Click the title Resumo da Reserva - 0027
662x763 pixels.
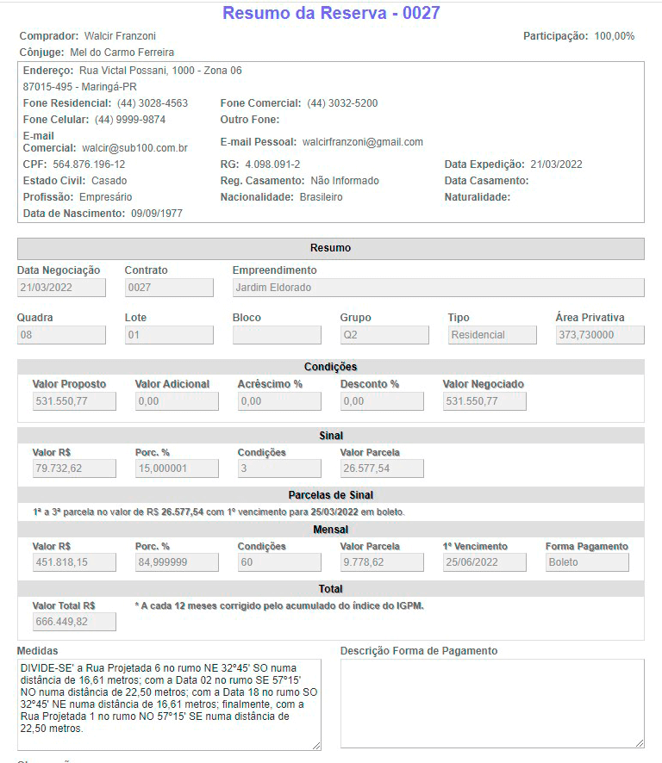[331, 13]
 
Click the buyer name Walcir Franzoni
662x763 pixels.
[120, 36]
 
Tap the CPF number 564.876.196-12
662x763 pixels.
[89, 164]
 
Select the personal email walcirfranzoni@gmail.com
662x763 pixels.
[363, 142]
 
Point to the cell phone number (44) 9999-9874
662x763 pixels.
[130, 120]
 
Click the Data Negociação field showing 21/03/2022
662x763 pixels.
[61, 288]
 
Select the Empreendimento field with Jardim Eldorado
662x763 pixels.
[438, 288]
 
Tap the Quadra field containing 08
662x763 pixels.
[61, 335]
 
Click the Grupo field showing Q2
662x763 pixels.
[384, 335]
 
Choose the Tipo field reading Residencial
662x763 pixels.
[491, 335]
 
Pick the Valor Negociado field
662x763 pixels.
[484, 401]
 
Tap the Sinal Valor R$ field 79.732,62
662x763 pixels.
[73, 468]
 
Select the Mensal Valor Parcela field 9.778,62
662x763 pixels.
[381, 562]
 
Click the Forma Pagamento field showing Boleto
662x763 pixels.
[586, 562]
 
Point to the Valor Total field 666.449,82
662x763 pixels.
[73, 622]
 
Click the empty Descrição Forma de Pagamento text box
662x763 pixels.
[491, 704]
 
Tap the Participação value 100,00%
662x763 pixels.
[614, 36]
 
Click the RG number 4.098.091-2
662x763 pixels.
[272, 164]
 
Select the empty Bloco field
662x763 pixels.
[276, 335]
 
